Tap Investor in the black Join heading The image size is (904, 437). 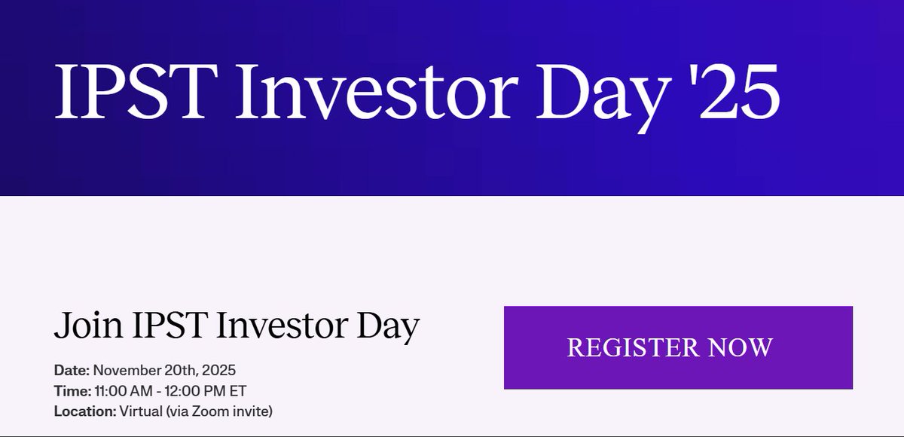283,326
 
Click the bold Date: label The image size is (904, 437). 72,371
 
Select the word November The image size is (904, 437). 124,371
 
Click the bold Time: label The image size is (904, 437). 72,391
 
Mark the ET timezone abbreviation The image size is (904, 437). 237,391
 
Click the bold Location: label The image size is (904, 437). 84,411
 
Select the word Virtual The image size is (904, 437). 139,411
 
